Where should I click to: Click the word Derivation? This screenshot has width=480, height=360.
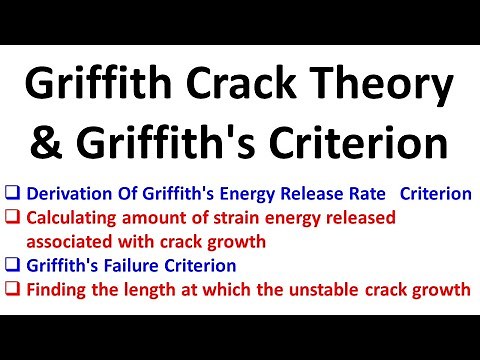pos(68,195)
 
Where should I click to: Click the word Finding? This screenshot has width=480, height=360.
pos(56,291)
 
